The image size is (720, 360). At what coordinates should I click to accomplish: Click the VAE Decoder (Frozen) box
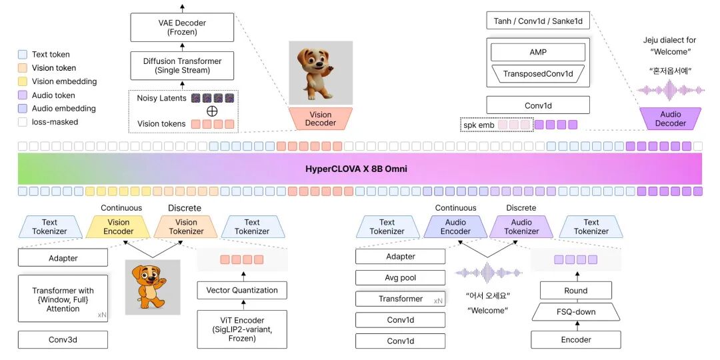(x=182, y=27)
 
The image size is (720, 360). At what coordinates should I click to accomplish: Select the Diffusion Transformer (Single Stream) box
(x=182, y=65)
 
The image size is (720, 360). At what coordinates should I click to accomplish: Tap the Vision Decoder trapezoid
(x=321, y=119)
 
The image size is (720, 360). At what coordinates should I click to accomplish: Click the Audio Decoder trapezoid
(x=670, y=119)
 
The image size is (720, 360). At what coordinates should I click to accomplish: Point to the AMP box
(x=537, y=52)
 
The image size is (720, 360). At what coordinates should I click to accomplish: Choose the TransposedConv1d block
(x=537, y=73)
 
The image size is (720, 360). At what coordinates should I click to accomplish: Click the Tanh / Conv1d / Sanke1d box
(x=537, y=21)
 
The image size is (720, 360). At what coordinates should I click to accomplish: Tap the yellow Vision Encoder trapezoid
(x=117, y=227)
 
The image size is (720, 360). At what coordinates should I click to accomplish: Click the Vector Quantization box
(x=242, y=290)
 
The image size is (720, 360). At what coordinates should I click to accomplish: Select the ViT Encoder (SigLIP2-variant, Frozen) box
(x=242, y=329)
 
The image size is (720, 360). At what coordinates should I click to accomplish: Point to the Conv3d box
(x=63, y=340)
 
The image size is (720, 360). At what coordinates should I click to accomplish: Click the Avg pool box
(x=400, y=277)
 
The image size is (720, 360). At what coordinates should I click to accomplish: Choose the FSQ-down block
(x=575, y=311)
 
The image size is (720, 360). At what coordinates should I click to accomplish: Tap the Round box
(x=575, y=290)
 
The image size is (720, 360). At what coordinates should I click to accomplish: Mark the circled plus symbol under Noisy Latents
(x=213, y=111)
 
